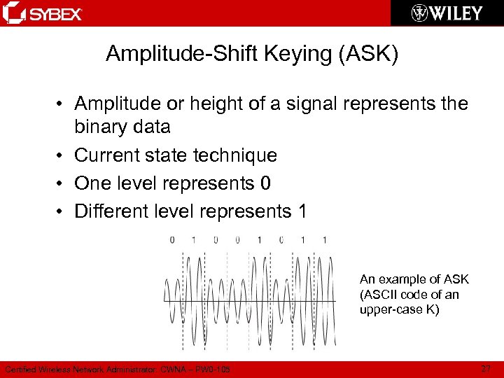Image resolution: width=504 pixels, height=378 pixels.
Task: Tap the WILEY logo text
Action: coord(456,13)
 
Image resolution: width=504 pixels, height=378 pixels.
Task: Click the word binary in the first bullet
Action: coord(103,127)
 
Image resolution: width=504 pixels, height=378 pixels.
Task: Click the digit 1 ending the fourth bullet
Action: coord(302,211)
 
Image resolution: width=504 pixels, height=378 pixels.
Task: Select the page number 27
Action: coord(487,368)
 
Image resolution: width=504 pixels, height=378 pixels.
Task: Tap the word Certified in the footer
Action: coord(21,369)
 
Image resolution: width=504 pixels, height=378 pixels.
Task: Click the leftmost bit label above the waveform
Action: coord(172,240)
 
